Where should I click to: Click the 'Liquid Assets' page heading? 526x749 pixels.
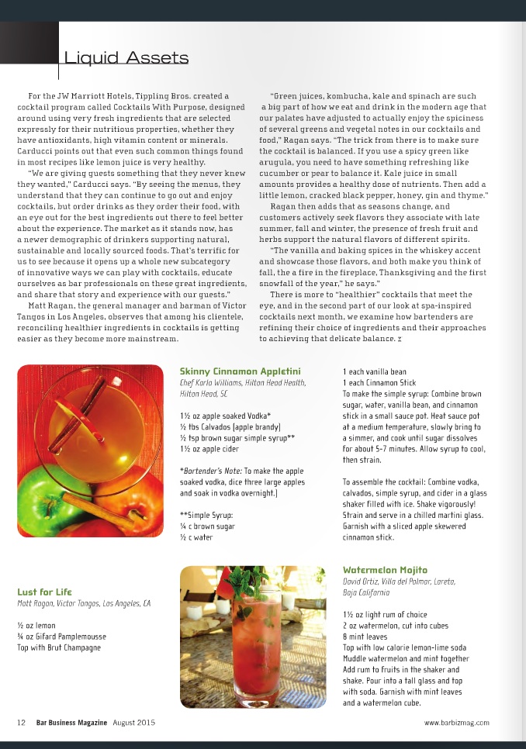point(126,58)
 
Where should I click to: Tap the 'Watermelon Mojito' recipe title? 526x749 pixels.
point(385,570)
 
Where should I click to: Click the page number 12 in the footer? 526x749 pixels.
point(22,723)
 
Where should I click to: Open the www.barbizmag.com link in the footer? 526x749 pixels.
point(457,723)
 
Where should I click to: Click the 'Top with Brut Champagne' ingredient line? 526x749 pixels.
point(59,647)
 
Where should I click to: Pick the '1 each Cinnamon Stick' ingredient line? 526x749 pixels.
point(379,383)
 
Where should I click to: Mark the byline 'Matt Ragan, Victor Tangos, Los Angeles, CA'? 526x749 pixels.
point(84,603)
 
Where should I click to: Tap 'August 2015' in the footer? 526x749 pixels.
point(134,723)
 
